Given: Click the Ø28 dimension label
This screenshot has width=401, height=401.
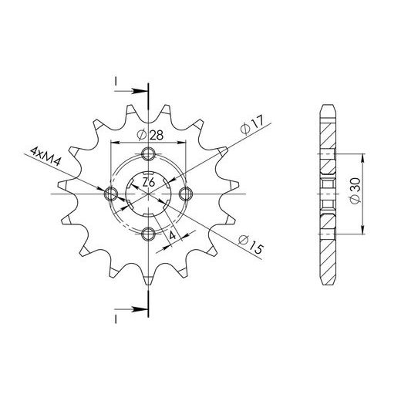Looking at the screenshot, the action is coord(150,135).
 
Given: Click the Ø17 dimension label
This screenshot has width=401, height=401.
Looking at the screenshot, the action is coord(252,125).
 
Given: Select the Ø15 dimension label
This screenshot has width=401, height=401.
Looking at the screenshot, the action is coord(251,244).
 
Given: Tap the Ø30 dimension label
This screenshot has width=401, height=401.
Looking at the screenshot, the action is coord(356,190).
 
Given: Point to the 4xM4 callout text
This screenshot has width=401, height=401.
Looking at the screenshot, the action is coord(46,157).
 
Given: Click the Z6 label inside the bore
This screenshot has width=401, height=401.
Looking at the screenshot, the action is coord(149,183).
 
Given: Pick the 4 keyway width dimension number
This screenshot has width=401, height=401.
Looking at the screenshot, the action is coord(173,234).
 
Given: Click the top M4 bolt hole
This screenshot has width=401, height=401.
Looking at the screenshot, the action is coord(148,153).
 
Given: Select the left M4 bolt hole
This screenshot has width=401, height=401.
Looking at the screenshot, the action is coord(110,194).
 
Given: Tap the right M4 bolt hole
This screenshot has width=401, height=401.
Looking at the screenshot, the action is coord(186,194).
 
